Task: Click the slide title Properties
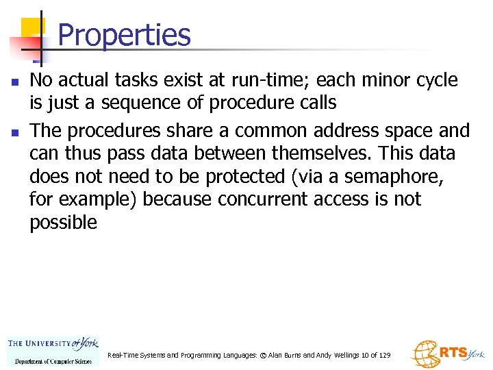click(x=124, y=34)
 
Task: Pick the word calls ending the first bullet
click(x=314, y=103)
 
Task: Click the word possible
click(x=63, y=223)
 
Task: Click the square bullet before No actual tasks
click(x=13, y=82)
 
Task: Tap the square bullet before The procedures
click(x=13, y=131)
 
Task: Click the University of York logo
click(x=53, y=351)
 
